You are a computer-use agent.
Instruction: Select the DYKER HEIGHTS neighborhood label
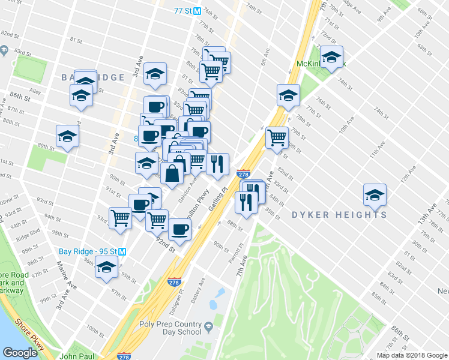(339, 215)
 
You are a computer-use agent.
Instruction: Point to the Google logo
(20, 353)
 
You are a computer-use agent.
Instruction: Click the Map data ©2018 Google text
(412, 355)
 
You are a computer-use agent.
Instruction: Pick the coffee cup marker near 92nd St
(179, 229)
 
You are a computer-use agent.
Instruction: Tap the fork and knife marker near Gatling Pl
(217, 163)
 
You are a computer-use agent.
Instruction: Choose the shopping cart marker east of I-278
(277, 137)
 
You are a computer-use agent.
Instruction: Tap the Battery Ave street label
(202, 288)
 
